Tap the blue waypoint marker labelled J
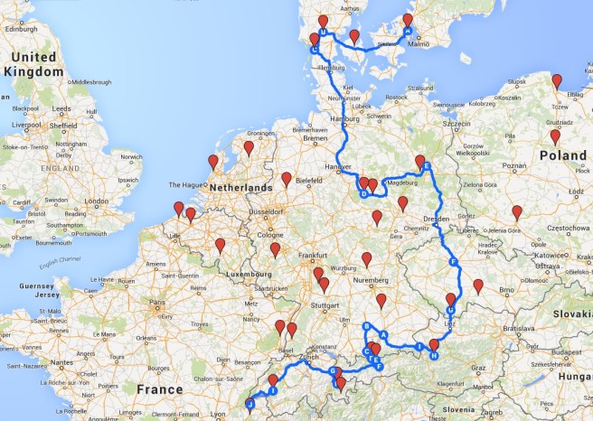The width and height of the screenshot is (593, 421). (x=249, y=405)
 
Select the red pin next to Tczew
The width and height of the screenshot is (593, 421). (x=557, y=82)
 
